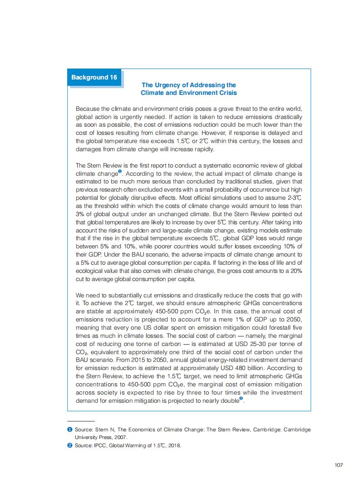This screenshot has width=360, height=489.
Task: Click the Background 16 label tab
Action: click(94, 77)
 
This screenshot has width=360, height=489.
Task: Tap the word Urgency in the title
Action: click(171, 85)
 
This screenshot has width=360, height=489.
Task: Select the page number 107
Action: click(338, 464)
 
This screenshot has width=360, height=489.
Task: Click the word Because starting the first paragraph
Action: click(89, 109)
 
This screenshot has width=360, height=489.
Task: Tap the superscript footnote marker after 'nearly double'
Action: click(241, 398)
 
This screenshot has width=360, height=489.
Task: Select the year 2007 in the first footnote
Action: click(120, 437)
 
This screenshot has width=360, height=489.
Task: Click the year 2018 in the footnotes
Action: click(174, 445)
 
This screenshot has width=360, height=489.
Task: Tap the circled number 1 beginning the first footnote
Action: click(70, 429)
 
